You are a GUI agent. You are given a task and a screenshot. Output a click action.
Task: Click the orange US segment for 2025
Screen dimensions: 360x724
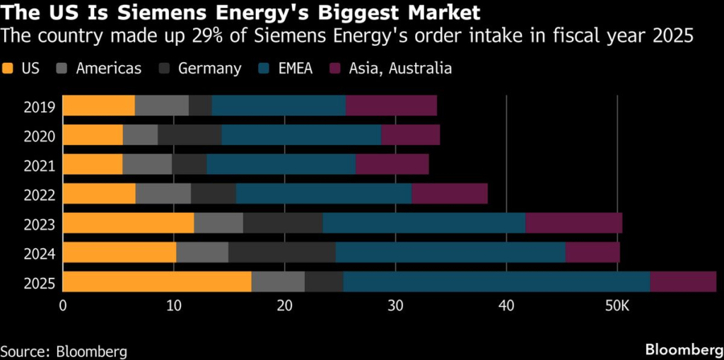tap(157, 281)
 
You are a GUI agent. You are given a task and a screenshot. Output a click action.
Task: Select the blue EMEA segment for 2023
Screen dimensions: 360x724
tap(424, 223)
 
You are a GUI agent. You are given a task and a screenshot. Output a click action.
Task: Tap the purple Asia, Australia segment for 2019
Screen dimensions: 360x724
tap(391, 105)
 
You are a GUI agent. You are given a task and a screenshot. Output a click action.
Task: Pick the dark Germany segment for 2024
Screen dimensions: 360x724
tap(281, 252)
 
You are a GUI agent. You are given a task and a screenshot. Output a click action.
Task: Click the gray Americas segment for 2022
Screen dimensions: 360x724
tap(163, 194)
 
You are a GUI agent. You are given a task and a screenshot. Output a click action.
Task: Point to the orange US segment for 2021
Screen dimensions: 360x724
tap(93, 164)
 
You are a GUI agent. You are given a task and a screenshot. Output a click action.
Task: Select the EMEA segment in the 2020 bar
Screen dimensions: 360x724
tap(301, 135)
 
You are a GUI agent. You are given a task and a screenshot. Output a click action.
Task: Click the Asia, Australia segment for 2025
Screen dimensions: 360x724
tap(683, 281)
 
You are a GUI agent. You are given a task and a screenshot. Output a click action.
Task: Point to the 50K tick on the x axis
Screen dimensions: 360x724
tap(617, 306)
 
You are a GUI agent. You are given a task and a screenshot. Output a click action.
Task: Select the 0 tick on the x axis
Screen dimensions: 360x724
tap(63, 306)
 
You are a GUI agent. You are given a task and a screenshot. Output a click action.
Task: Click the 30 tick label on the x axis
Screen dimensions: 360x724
tap(395, 306)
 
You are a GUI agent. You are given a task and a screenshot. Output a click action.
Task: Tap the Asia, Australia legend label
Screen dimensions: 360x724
tap(399, 69)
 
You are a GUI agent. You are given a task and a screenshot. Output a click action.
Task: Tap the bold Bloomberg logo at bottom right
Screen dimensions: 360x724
tap(683, 349)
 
